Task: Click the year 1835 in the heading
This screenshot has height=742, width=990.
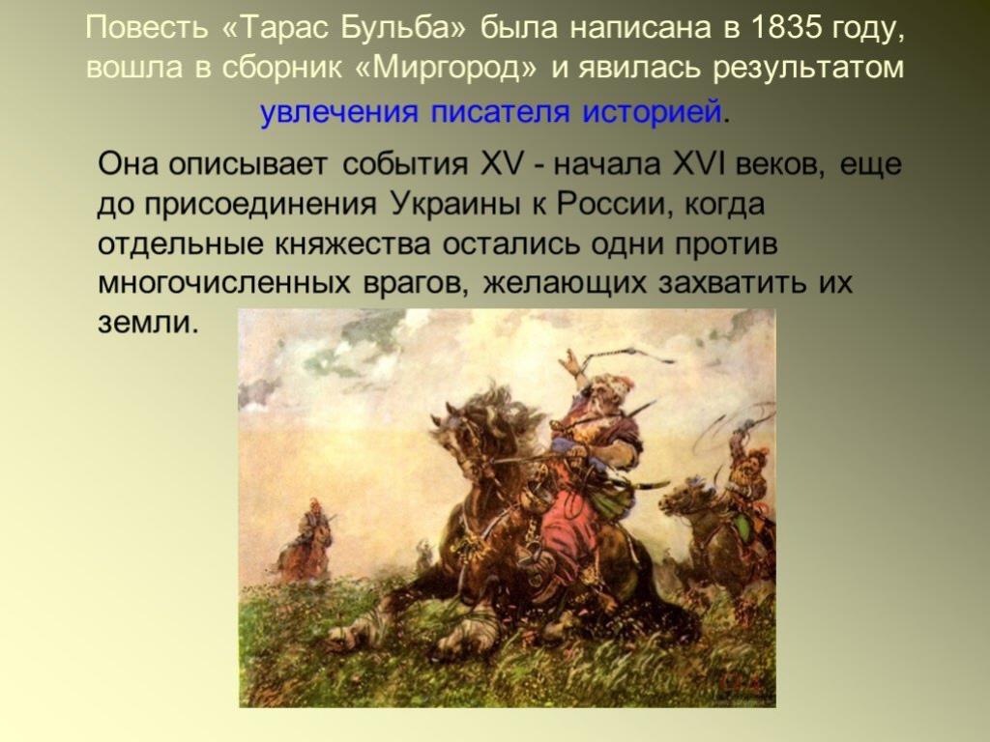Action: click(787, 27)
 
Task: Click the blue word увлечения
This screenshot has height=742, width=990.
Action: click(339, 112)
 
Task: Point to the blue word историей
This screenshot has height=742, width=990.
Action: click(652, 111)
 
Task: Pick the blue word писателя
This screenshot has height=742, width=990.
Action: click(500, 111)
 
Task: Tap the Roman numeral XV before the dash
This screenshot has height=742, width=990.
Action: click(503, 164)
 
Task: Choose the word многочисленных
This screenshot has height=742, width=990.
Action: click(224, 283)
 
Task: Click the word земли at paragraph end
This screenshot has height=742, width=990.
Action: click(148, 323)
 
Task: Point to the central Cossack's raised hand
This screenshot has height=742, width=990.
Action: click(570, 363)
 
